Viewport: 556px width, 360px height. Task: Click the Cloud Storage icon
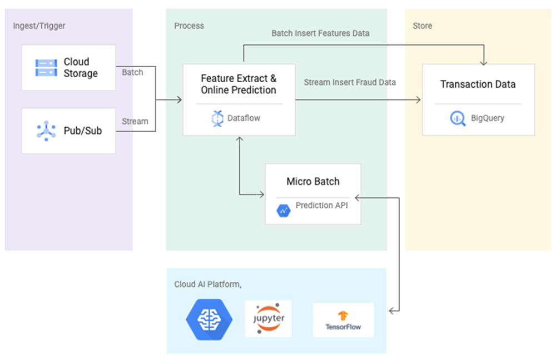coord(46,68)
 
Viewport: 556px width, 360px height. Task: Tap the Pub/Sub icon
coord(46,131)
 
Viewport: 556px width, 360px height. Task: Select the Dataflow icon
coord(217,118)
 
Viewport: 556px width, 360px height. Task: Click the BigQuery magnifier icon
coord(458,118)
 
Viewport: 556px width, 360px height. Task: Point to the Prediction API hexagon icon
coord(284,210)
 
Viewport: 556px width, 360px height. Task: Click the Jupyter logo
coord(268,319)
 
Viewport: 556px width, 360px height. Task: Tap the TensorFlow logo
coord(343,321)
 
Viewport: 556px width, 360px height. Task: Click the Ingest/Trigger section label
coord(39,26)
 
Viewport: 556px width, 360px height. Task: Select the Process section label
coord(189,26)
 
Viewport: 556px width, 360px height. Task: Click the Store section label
coord(423,26)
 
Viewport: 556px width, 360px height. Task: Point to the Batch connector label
coord(132,72)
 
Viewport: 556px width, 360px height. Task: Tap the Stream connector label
coord(135,121)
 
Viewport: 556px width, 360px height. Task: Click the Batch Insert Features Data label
coord(320,33)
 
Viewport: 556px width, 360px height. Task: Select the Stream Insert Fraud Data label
coord(350,82)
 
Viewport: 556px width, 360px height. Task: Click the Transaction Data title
coord(478,84)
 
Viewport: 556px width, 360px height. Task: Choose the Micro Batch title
coord(313,181)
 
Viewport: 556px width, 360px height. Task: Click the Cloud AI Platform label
coord(207,284)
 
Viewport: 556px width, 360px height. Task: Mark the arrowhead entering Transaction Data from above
coord(485,61)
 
